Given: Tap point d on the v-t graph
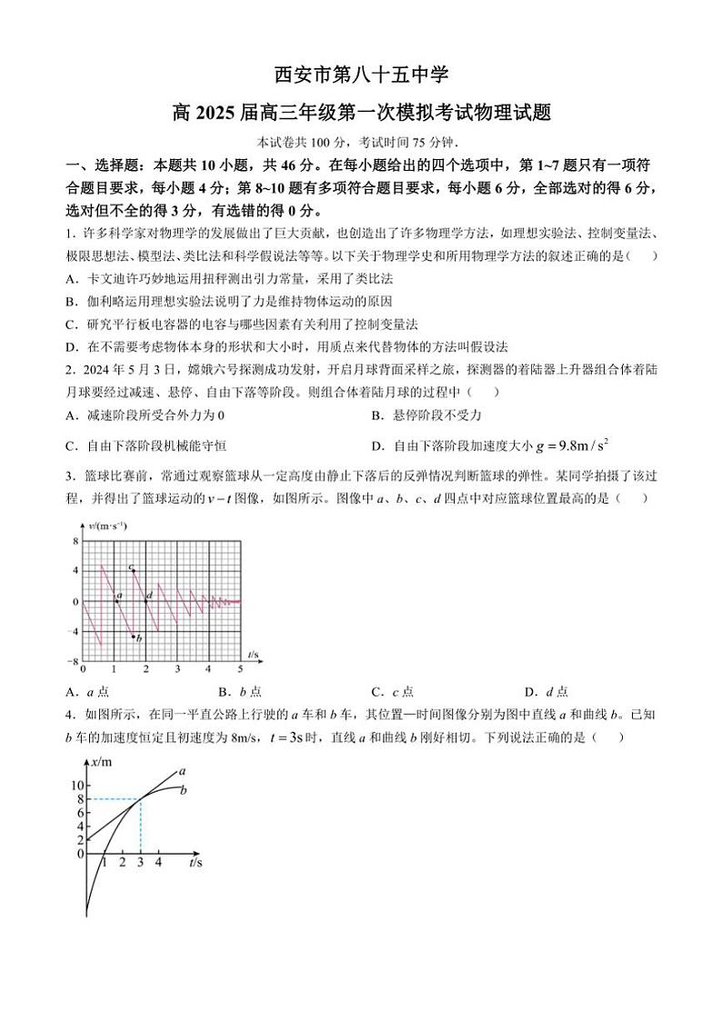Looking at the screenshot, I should (145, 600).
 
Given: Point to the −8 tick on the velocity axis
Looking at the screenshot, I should (75, 661).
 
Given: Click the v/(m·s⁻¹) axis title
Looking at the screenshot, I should (107, 526).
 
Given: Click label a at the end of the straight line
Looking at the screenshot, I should (183, 771).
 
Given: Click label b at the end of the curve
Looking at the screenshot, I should (183, 790).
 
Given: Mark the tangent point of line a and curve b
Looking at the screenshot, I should (141, 799).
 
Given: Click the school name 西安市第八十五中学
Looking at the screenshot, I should (361, 74).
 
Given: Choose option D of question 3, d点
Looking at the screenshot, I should (546, 691).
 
